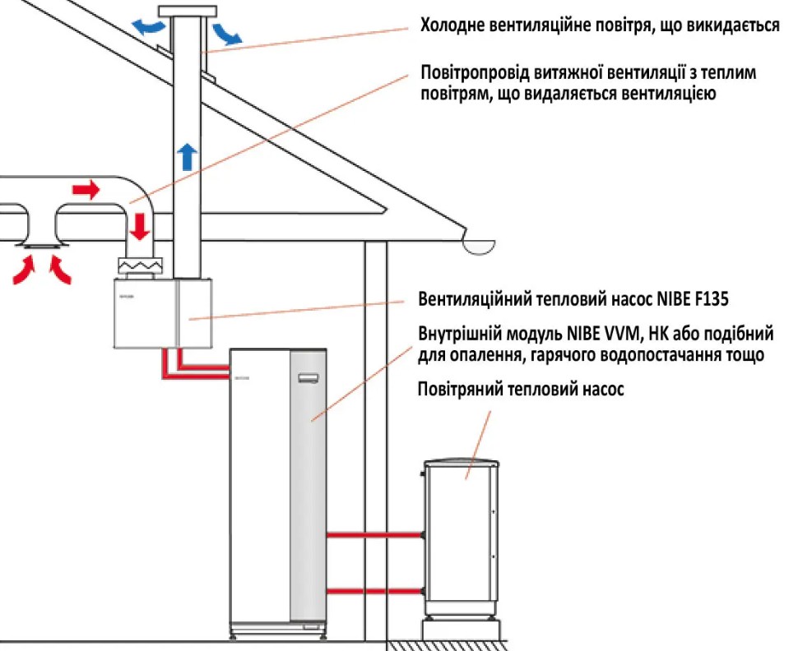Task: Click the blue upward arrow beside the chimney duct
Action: [188, 155]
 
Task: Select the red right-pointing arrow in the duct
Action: [85, 191]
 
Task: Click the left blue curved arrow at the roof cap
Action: [149, 27]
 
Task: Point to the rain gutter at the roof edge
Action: [479, 244]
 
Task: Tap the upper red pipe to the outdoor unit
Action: [374, 535]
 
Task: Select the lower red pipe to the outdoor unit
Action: [374, 591]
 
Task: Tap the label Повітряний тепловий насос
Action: [521, 390]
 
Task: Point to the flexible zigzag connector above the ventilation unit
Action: [142, 266]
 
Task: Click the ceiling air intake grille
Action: [40, 246]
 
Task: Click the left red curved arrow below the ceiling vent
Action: [25, 270]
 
